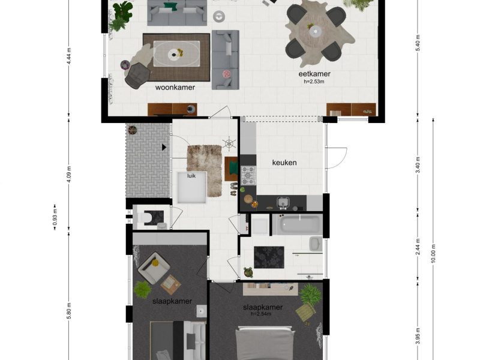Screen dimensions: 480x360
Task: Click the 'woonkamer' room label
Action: [x=175, y=88]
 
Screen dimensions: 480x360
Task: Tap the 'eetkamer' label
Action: [x=314, y=74]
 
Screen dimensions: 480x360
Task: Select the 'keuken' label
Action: [x=284, y=163]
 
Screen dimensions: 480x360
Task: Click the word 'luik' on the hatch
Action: [x=191, y=176]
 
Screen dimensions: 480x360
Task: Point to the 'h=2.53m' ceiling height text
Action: [x=314, y=82]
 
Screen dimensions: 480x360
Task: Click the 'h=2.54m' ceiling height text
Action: [x=261, y=314]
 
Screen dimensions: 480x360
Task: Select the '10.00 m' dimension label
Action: [x=433, y=253]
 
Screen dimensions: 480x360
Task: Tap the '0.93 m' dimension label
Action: [x=55, y=217]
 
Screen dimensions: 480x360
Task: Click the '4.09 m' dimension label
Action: [x=69, y=174]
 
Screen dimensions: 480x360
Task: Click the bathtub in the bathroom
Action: [x=297, y=223]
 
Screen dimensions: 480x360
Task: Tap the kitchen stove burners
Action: [x=248, y=175]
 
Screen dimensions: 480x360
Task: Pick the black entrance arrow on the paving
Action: [x=164, y=148]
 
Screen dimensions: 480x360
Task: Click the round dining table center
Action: [x=315, y=31]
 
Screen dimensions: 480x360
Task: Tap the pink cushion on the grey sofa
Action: [x=226, y=73]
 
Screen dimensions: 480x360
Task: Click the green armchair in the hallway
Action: [x=232, y=169]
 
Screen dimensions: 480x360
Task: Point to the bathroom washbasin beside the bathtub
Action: [x=316, y=244]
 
